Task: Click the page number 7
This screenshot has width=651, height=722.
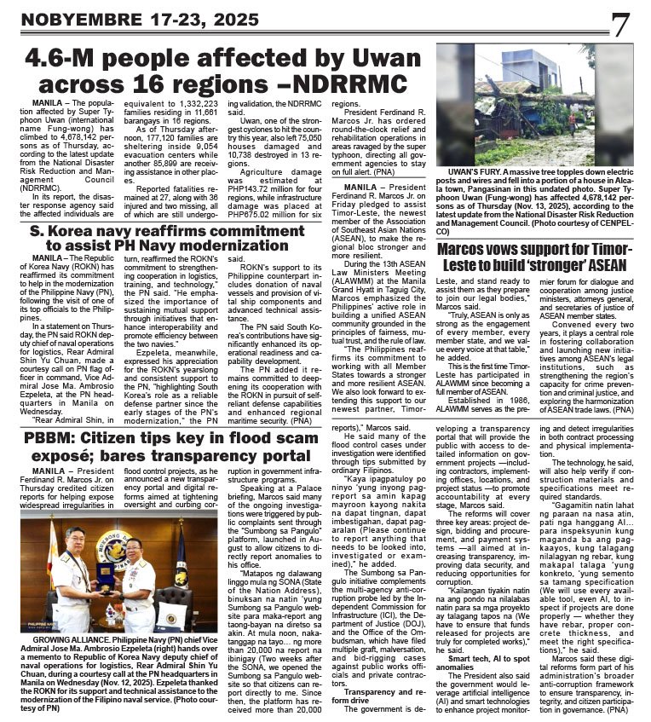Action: [x=619, y=24]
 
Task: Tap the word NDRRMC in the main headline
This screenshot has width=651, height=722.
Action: [x=358, y=84]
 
